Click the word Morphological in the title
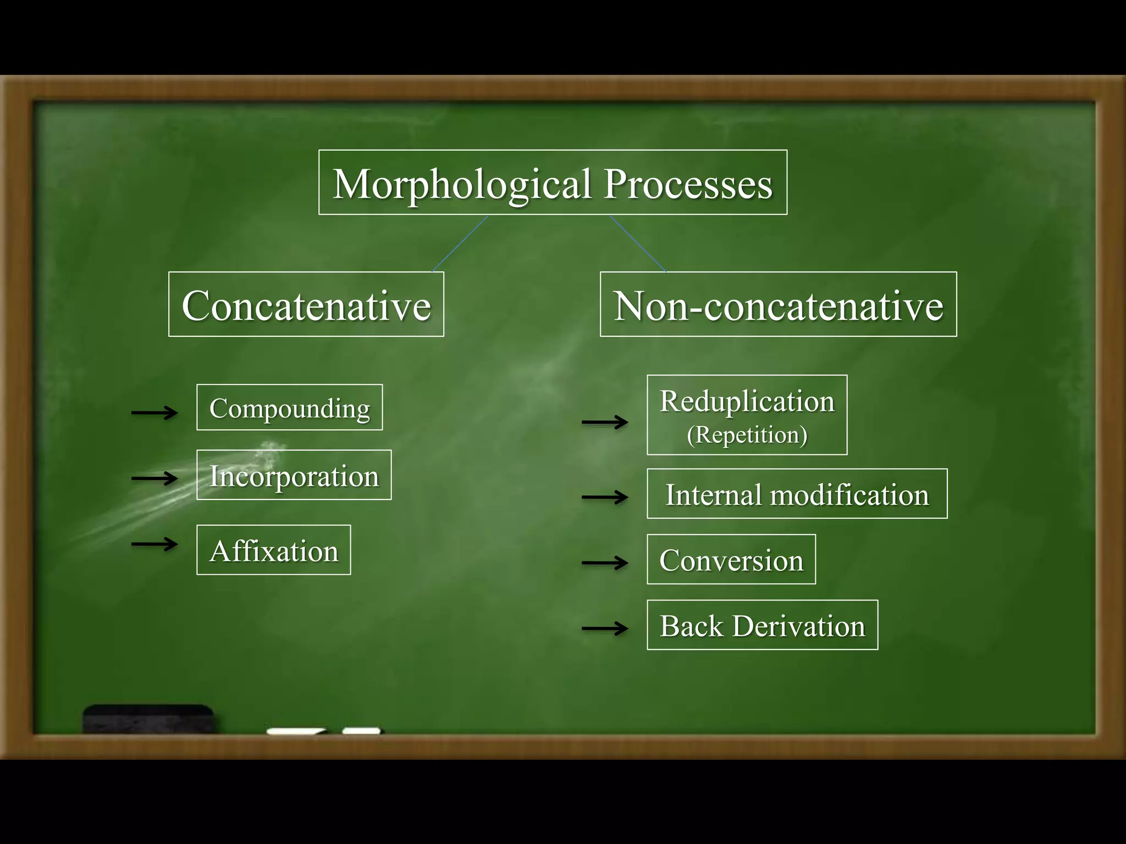462,184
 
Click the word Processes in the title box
688,184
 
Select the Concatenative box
306,304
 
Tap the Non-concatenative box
778,304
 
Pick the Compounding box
290,408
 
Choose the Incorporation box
294,475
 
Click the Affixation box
274,550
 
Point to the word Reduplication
747,401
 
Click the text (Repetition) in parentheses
747,435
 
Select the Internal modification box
797,494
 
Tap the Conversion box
731,559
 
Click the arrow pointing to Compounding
154,412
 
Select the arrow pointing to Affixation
154,544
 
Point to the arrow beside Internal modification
605,497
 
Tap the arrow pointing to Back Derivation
605,628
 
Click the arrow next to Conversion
605,563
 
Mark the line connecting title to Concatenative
460,243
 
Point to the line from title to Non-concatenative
638,243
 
